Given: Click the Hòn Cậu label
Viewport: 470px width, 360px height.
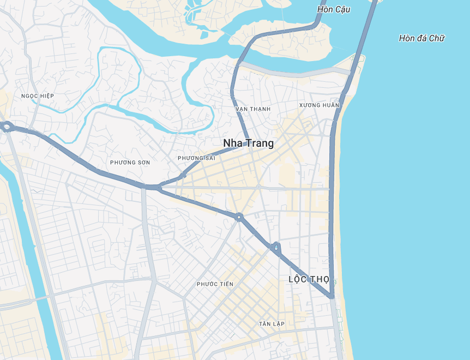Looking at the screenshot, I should coord(334,9).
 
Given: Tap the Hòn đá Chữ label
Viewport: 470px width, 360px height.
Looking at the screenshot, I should coord(421,38).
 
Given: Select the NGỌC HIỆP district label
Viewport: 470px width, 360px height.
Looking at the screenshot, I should coord(38,96).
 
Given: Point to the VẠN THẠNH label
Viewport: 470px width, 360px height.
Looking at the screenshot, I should coord(253,109).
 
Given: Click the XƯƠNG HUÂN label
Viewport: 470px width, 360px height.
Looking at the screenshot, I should coord(319,105).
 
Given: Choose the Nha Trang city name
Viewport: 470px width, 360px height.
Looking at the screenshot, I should coord(248,143).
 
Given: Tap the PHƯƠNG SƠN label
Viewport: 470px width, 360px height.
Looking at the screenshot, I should coord(130,163).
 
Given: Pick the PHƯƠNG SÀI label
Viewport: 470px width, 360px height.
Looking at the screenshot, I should coord(196,158).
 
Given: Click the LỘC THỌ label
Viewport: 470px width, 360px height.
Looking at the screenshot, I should coord(309,279).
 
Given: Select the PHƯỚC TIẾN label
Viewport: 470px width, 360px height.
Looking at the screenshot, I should coord(215,284).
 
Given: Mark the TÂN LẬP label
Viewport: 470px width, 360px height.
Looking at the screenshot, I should coord(272,324).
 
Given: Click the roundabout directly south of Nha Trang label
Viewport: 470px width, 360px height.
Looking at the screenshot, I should coord(239,217).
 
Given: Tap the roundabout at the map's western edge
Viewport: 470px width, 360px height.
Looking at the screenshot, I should coord(7,127).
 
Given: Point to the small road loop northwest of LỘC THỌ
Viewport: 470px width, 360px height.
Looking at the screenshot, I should coord(276,249).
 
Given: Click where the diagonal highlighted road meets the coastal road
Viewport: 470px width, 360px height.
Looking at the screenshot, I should coord(332,297).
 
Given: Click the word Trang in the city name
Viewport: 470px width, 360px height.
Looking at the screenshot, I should coord(261,143).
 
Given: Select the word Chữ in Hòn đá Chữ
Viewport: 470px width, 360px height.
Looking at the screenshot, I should coord(437,38).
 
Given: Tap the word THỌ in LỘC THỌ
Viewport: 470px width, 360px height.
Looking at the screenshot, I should coord(320,279).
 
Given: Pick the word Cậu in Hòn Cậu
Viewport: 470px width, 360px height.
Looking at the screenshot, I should coord(342,9).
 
